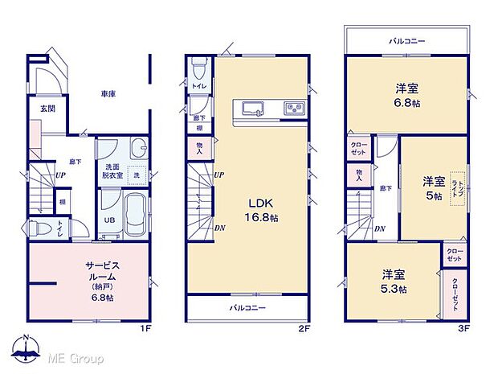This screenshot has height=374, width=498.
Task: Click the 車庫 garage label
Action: (108, 94)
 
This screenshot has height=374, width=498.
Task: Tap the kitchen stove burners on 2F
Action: (292, 109)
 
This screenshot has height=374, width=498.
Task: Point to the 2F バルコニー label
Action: (247, 308)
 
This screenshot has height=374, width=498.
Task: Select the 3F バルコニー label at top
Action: (407, 39)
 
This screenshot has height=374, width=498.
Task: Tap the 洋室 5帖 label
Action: (435, 187)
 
